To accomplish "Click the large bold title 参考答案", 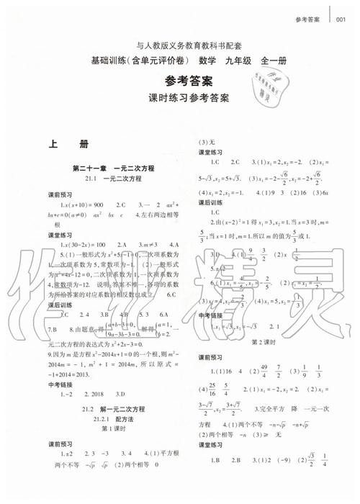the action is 179,80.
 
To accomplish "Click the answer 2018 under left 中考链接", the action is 93,395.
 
